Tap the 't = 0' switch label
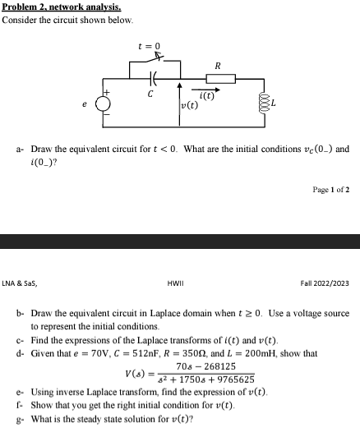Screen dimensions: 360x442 (x=150, y=46)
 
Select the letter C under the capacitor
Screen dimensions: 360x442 (x=150, y=94)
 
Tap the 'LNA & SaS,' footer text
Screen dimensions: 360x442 (x=20, y=283)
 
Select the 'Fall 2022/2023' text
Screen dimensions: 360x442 (x=325, y=283)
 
